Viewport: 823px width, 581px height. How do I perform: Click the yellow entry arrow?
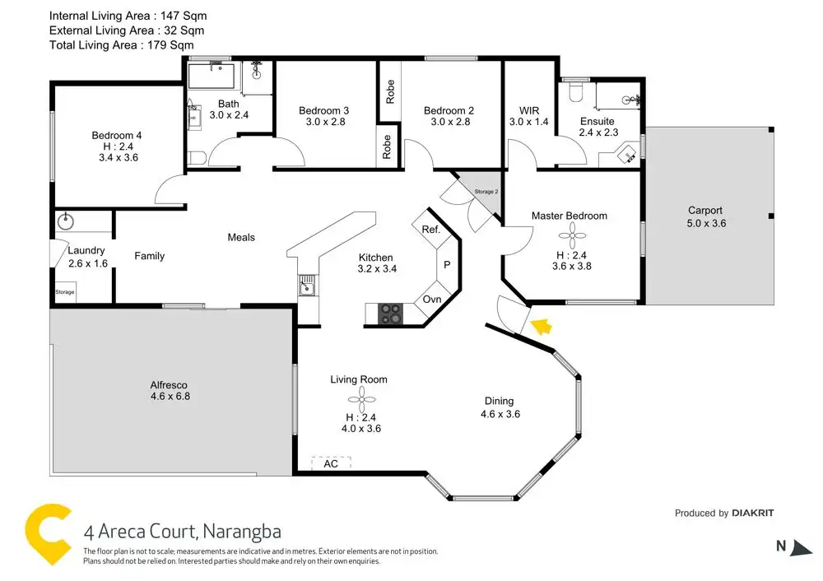pos(541,328)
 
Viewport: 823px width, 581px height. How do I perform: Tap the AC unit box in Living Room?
pos(331,464)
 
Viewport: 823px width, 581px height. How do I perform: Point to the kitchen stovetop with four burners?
pos(390,314)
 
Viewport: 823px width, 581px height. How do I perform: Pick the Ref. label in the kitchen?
pos(430,230)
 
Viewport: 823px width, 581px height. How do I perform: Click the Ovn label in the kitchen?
pos(432,300)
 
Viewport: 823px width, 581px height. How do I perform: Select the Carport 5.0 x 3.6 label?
pos(706,216)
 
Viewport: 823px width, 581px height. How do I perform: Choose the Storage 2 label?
pos(486,192)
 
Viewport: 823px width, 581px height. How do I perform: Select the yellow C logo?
pos(48,534)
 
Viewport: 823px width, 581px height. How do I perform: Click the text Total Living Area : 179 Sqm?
pos(127,45)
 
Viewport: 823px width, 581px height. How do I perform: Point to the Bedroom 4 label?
pos(110,136)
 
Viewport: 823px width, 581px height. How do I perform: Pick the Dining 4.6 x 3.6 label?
pos(500,407)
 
